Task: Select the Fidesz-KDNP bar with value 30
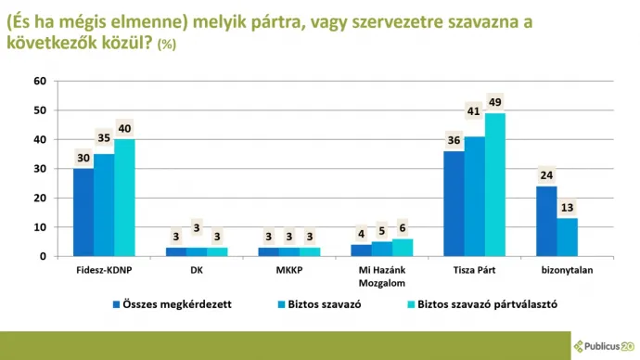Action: pos(83,212)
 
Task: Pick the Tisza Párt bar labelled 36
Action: pos(454,203)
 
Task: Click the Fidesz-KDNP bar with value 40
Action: pos(124,198)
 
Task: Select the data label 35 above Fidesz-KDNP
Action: pos(104,138)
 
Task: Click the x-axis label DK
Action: pos(196,270)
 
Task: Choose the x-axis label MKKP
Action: pos(288,270)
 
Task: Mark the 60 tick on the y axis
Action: pos(39,81)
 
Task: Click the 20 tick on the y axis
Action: pos(39,198)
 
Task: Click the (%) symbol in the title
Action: pos(168,45)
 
